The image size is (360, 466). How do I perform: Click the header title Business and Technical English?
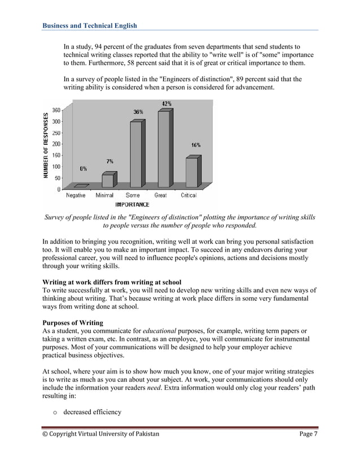tap(90, 25)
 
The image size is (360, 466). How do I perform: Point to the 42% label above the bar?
tap(166, 104)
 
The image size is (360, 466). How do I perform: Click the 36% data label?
tap(138, 112)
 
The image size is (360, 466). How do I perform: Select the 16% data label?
tap(195, 145)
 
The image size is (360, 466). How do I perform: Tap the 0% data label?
tap(83, 168)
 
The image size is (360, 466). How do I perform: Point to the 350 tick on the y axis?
tap(57, 110)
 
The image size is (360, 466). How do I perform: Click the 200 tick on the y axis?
tap(57, 144)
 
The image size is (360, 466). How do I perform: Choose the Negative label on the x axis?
tap(76, 195)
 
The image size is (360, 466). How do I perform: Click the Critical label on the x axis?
tap(188, 195)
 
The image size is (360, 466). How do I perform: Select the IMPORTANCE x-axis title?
tap(132, 204)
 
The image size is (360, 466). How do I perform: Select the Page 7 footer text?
tap(307, 434)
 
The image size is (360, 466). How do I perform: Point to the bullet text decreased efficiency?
tap(92, 412)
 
